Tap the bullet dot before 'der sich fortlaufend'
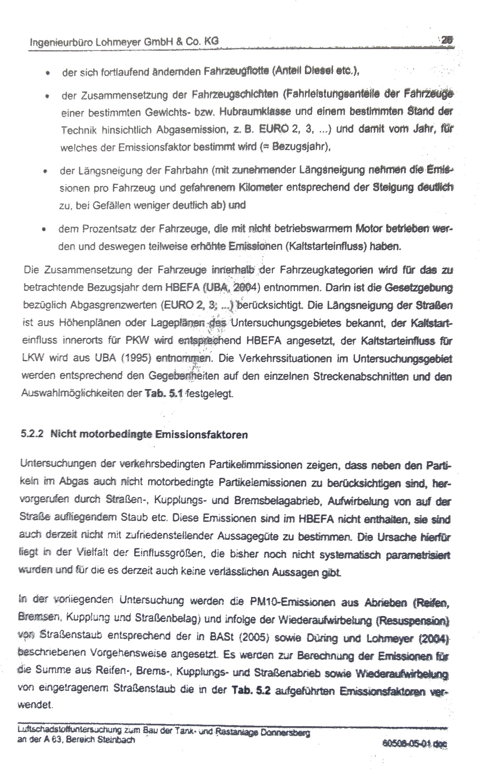[49, 72]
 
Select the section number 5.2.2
[32, 435]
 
